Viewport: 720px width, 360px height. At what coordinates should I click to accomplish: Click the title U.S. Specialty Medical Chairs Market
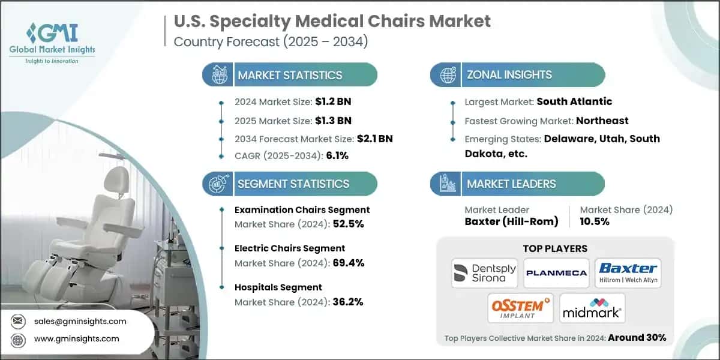coord(332,22)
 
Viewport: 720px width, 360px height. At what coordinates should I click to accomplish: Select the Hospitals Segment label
coord(278,287)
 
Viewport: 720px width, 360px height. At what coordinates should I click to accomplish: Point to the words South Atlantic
coord(574,101)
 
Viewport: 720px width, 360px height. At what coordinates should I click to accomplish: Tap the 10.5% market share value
coord(595,221)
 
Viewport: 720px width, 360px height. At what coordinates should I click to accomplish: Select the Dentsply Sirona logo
coord(484,273)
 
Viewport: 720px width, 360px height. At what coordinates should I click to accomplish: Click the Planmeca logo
coord(556,273)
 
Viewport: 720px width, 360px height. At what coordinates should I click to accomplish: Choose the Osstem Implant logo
coord(520,308)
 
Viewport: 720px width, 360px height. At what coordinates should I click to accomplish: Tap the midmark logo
coord(592,308)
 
